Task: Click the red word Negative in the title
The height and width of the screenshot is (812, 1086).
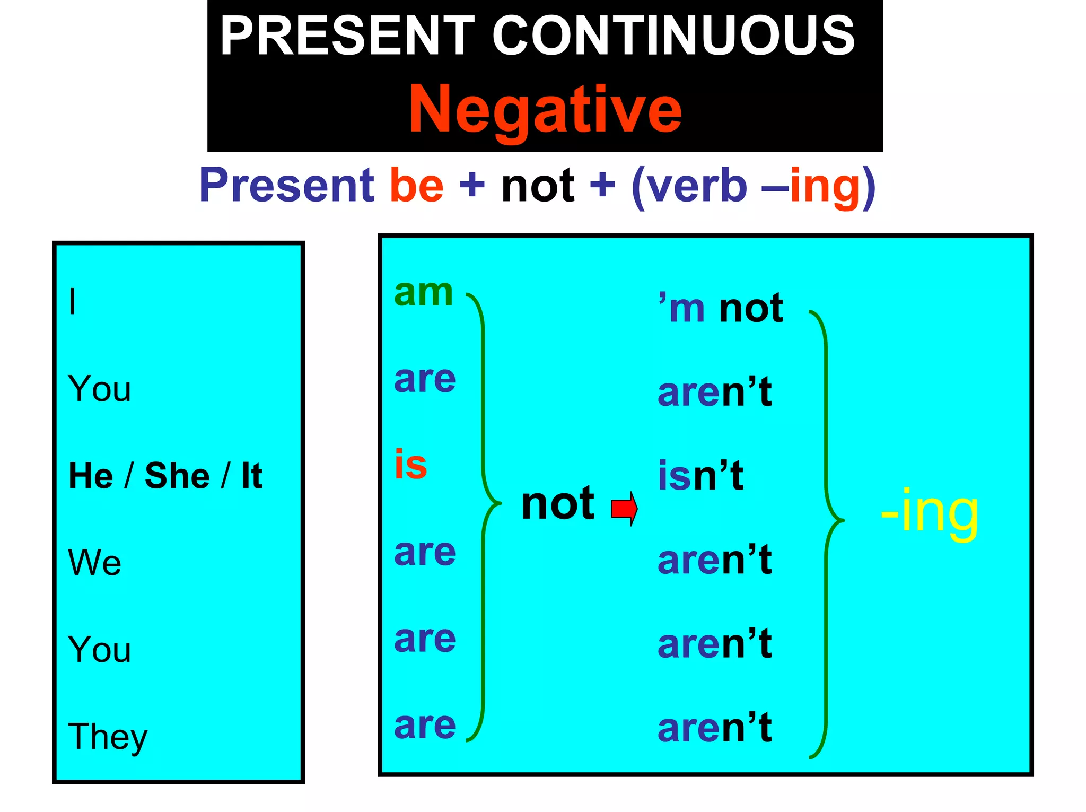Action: pyautogui.click(x=545, y=110)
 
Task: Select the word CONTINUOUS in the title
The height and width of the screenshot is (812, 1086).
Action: pyautogui.click(x=673, y=36)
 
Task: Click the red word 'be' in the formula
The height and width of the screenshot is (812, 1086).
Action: pyautogui.click(x=416, y=185)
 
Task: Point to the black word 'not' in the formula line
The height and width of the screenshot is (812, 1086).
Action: pyautogui.click(x=537, y=185)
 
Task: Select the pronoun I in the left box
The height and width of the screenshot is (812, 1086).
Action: pyautogui.click(x=73, y=302)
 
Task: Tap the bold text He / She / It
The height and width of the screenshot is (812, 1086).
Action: pyautogui.click(x=165, y=475)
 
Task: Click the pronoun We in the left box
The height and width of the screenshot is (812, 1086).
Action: pyautogui.click(x=95, y=562)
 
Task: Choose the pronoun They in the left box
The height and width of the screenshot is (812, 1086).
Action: pyautogui.click(x=108, y=737)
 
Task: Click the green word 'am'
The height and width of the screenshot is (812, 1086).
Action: pyautogui.click(x=423, y=293)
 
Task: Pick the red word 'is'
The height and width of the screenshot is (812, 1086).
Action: pyautogui.click(x=410, y=465)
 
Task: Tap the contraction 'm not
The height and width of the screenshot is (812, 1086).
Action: pyautogui.click(x=720, y=308)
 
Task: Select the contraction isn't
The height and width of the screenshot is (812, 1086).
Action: pyautogui.click(x=700, y=476)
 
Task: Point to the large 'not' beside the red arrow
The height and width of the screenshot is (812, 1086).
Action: pyautogui.click(x=557, y=504)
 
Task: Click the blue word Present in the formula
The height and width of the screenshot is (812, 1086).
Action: pyautogui.click(x=287, y=185)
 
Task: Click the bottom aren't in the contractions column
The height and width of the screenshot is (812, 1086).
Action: pyautogui.click(x=714, y=728)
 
